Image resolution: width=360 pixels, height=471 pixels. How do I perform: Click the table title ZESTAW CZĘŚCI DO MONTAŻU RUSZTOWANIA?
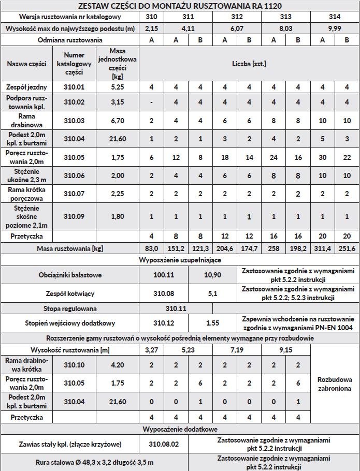[180, 6]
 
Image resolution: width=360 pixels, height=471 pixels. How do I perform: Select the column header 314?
[334, 17]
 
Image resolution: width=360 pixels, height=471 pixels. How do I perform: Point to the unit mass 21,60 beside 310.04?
[118, 139]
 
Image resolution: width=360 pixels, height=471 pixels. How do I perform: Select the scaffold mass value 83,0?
[151, 249]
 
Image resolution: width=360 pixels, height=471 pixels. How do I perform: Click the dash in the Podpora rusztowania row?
[151, 102]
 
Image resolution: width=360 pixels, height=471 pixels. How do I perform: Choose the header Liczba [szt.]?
[249, 64]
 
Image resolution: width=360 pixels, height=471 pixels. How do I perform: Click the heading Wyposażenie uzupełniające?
[180, 260]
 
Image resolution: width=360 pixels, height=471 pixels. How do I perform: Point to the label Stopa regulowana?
[70, 308]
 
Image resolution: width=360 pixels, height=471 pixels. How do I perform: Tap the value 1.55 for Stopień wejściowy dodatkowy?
[212, 323]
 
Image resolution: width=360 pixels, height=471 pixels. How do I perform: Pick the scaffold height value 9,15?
[285, 350]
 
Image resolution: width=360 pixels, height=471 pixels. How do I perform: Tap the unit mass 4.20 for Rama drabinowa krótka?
[118, 365]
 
